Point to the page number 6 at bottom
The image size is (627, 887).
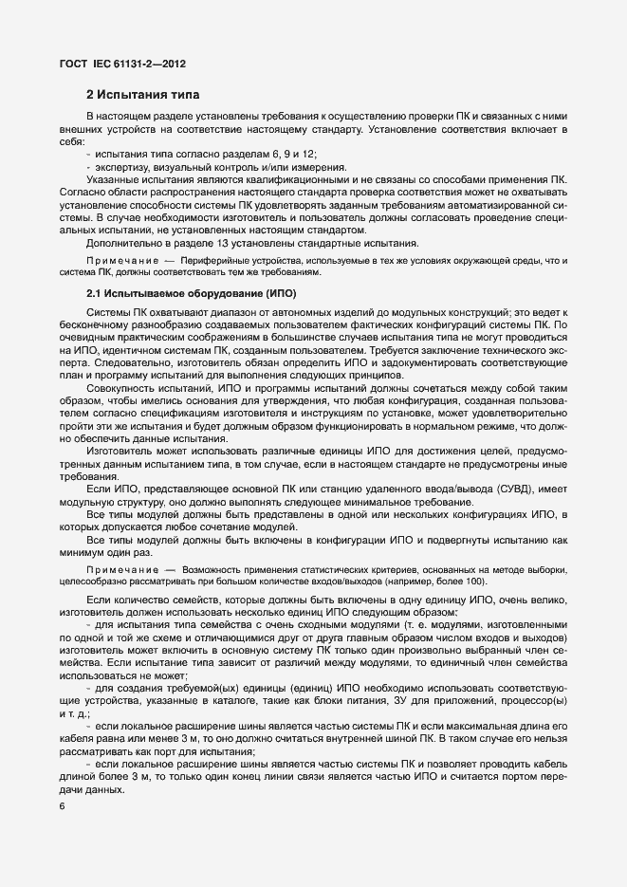click(63, 805)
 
